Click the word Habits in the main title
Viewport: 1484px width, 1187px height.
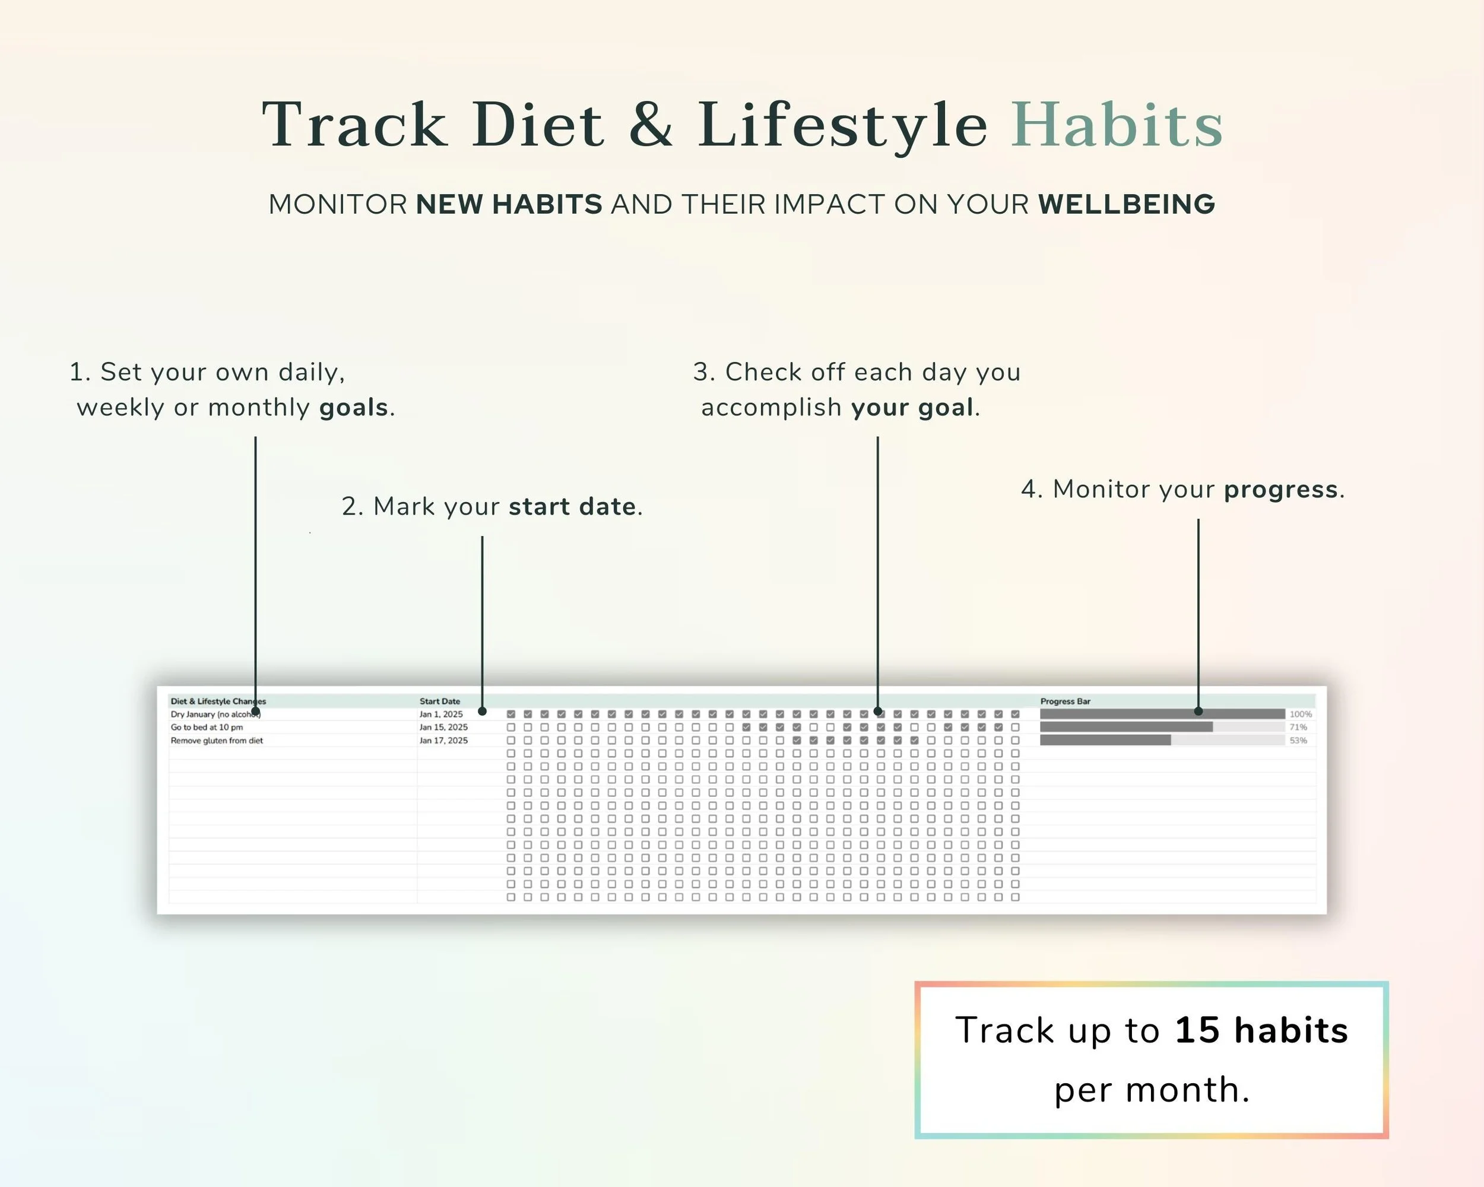[x=1117, y=125]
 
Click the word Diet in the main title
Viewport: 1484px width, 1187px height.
[x=538, y=125]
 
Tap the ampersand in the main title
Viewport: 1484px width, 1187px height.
[x=651, y=125]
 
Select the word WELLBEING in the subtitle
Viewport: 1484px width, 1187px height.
[x=1127, y=204]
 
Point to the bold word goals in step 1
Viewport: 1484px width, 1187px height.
[x=354, y=407]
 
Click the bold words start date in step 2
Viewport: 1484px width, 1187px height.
[x=572, y=506]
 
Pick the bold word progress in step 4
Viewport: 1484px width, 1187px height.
[x=1281, y=489]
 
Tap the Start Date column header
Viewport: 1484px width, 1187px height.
[x=440, y=701]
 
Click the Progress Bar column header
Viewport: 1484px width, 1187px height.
[x=1065, y=701]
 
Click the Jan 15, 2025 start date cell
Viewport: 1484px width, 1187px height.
[x=443, y=728]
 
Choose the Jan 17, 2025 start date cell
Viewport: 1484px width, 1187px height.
[x=443, y=741]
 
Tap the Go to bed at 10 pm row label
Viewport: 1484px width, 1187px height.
[x=207, y=728]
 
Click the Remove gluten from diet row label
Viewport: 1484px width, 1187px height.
[x=217, y=741]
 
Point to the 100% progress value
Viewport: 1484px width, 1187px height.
[x=1300, y=714]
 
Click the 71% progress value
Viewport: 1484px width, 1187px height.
[x=1298, y=728]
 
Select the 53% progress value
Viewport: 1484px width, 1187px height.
[x=1298, y=741]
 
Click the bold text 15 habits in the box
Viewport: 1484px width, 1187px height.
[x=1261, y=1030]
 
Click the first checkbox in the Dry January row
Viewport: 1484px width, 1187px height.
[x=510, y=714]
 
